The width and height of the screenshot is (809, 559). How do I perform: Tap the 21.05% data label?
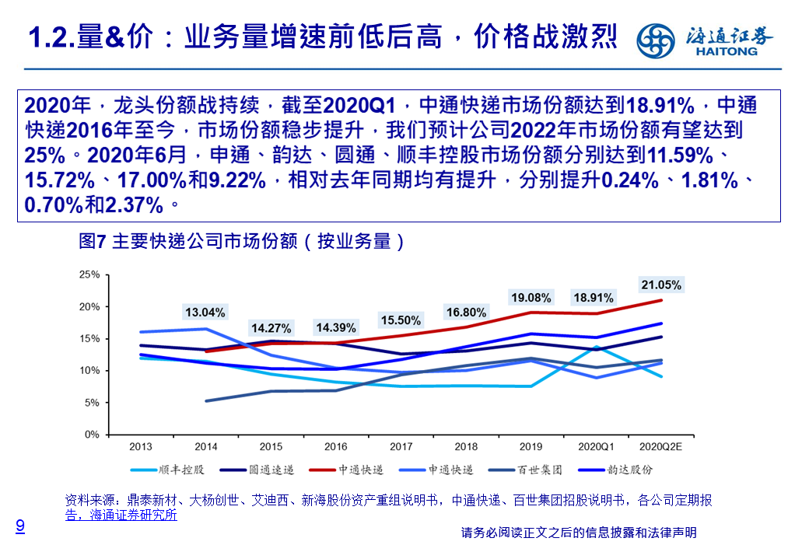pos(660,284)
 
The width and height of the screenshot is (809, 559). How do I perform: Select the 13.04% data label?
pos(205,313)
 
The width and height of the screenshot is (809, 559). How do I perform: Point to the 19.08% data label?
pos(531,297)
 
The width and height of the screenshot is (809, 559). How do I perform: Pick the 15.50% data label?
pos(401,320)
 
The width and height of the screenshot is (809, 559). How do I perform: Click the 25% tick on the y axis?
pos(90,275)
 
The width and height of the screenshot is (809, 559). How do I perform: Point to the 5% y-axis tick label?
pos(93,403)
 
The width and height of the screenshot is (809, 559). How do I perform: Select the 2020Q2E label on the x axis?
pos(660,447)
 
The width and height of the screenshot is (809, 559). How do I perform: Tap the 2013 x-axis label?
pos(141,447)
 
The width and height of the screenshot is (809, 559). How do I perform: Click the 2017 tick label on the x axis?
pos(401,447)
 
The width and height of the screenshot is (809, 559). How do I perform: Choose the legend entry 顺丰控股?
pos(180,470)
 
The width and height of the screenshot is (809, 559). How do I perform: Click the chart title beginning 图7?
pos(242,241)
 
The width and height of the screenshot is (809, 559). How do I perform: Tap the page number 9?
pos(20,526)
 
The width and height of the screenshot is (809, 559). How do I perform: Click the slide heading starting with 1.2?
pos(323,37)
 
